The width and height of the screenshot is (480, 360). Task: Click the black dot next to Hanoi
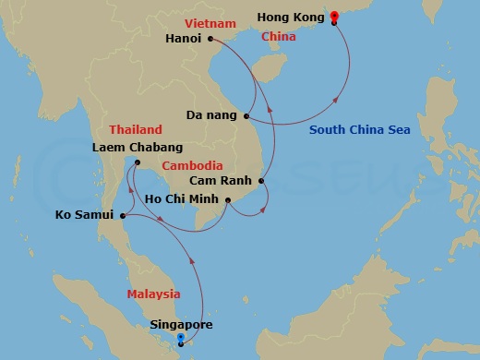coord(211,39)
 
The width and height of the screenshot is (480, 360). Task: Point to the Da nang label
coord(211,116)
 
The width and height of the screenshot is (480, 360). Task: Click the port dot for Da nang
coord(246,116)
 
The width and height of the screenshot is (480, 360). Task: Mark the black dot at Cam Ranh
coord(262,181)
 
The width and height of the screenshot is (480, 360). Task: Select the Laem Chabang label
coord(138,147)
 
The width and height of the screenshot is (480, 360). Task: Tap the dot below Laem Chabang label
coord(137,162)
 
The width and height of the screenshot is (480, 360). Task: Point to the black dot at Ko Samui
coord(123,217)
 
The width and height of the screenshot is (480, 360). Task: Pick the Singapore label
coord(180,325)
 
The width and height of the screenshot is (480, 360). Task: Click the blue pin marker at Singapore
coord(180,339)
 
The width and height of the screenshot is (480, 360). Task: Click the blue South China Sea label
coord(359,130)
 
